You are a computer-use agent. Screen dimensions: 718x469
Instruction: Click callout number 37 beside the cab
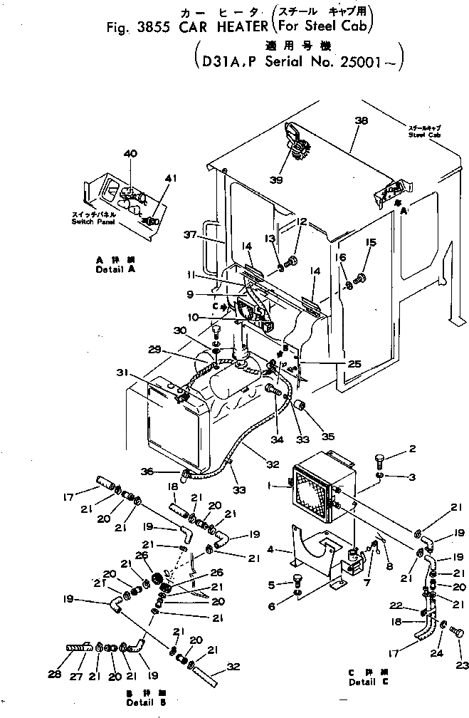(189, 236)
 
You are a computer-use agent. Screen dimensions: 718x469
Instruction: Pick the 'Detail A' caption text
(113, 271)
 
